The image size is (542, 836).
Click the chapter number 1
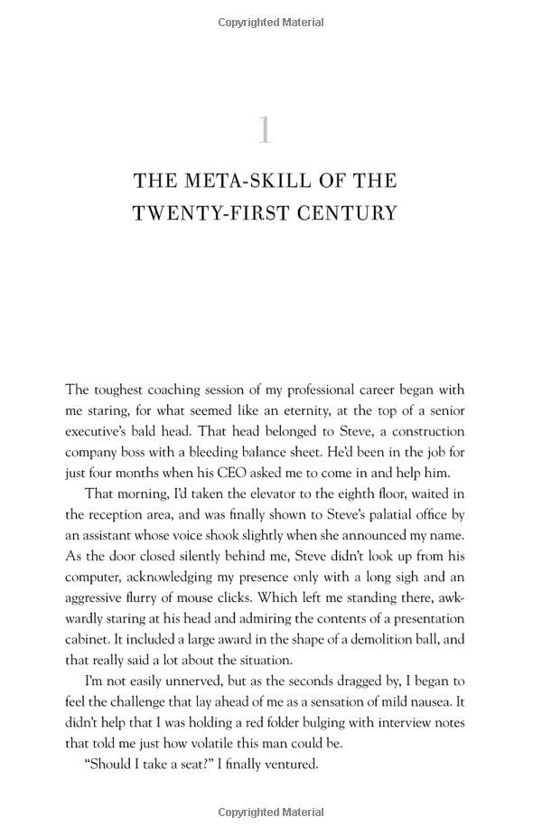(x=264, y=130)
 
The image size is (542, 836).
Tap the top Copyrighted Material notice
(x=271, y=22)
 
